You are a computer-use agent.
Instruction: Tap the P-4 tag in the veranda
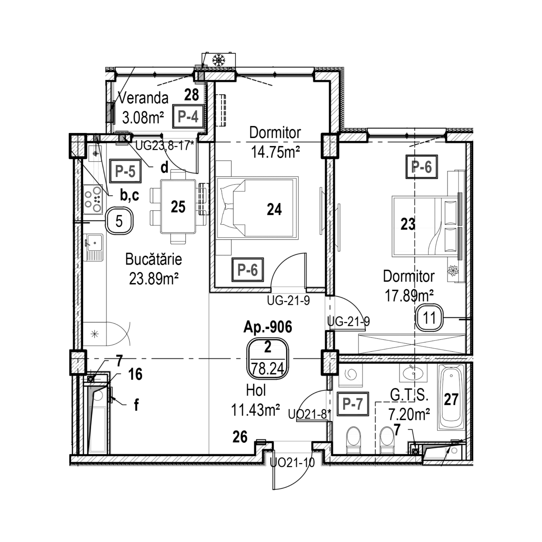click(x=188, y=117)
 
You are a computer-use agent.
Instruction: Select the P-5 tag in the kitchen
click(x=125, y=171)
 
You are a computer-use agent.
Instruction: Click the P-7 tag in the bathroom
click(x=353, y=404)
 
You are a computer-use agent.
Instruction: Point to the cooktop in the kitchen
click(x=93, y=199)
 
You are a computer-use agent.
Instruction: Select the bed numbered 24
click(x=257, y=208)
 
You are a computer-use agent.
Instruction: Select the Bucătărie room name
click(x=153, y=259)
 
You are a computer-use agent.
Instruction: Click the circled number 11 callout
click(x=429, y=318)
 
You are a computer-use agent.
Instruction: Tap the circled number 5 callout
click(x=119, y=221)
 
